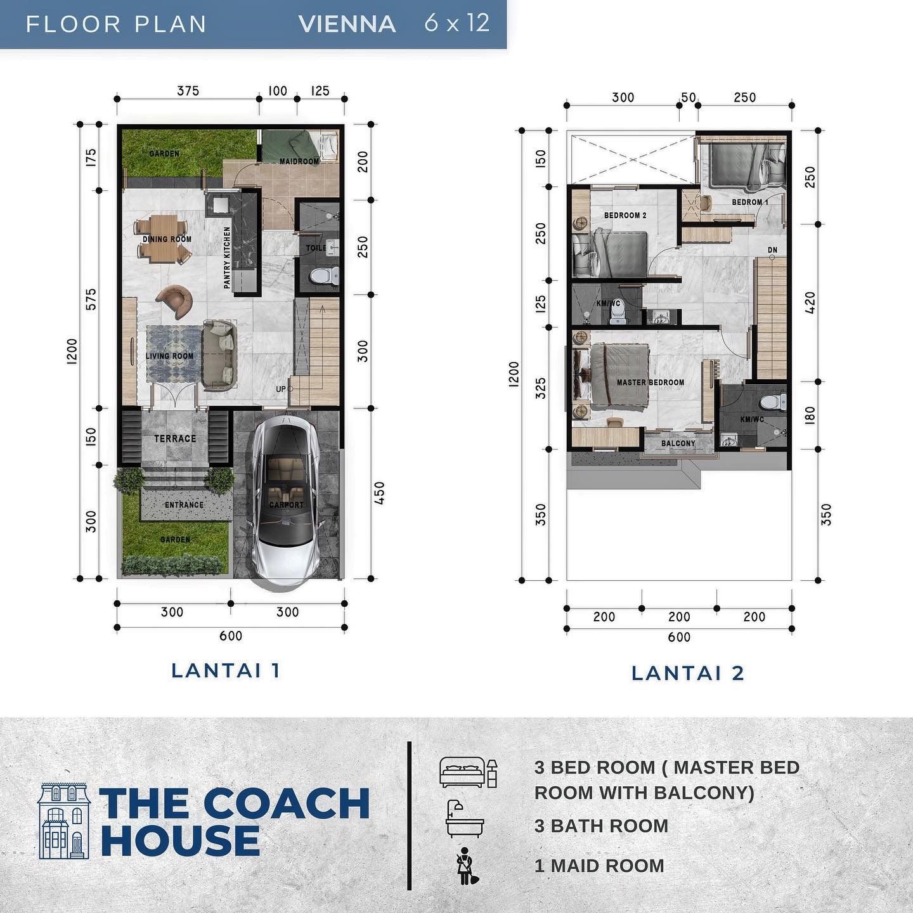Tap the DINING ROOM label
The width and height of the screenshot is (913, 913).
tap(167, 239)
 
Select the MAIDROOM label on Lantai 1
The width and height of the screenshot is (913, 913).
tap(299, 161)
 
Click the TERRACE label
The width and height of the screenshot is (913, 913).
tap(175, 438)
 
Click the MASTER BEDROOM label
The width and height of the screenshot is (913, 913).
tap(651, 382)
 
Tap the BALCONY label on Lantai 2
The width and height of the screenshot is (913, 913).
tap(678, 443)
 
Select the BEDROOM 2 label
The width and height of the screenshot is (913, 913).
tap(625, 216)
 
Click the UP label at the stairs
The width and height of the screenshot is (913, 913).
tap(280, 389)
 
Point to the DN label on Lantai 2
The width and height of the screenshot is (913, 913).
tap(772, 250)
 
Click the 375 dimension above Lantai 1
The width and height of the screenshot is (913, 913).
tap(188, 91)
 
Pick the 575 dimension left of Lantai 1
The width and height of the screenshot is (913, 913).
tap(91, 299)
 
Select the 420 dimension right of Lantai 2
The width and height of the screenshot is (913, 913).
tap(810, 302)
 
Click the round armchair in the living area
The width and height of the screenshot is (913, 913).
tap(175, 301)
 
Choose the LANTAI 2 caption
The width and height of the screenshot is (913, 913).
tap(688, 673)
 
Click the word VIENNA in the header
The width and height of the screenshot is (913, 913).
tap(347, 24)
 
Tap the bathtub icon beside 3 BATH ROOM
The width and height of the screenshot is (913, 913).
tap(464, 820)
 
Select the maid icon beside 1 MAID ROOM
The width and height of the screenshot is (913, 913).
tap(467, 866)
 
